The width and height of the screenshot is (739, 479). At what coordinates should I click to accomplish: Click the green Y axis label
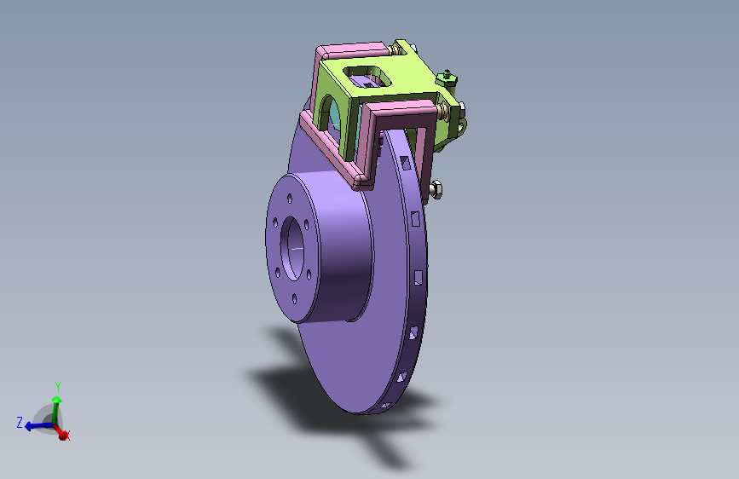(58, 387)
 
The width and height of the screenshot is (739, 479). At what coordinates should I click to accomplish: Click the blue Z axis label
(20, 422)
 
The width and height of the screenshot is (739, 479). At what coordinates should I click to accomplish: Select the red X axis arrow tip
(62, 436)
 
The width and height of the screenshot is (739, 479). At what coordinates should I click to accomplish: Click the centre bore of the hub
(292, 249)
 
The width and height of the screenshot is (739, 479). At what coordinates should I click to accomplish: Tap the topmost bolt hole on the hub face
(290, 199)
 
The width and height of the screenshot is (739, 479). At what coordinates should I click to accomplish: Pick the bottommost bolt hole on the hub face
(295, 298)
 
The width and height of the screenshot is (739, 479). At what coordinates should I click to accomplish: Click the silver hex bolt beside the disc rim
(436, 189)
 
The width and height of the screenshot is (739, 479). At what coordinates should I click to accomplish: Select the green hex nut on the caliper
(447, 78)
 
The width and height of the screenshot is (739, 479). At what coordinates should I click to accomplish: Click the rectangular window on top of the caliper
(367, 77)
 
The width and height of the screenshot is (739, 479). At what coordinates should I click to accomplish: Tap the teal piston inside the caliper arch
(335, 113)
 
